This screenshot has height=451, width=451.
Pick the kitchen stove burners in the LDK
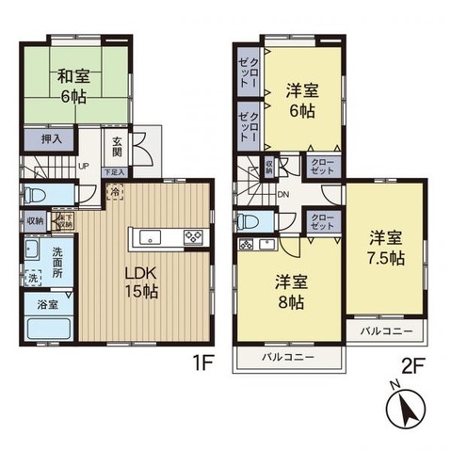[x=193, y=236]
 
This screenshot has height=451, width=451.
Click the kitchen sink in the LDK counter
[x=152, y=236]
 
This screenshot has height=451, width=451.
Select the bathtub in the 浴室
[x=47, y=330]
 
